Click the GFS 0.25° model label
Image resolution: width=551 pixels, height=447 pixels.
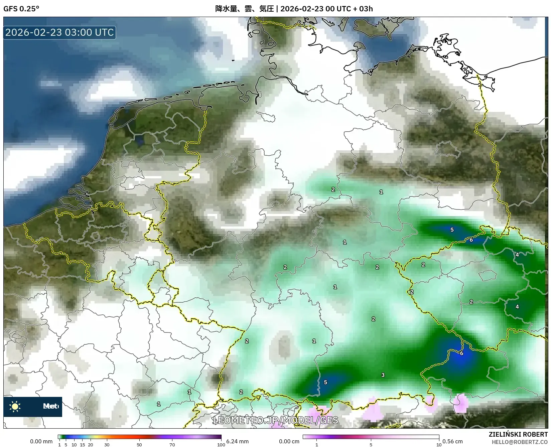21,9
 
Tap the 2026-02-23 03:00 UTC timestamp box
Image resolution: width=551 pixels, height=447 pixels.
59,32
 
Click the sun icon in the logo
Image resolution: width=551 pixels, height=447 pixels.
15,407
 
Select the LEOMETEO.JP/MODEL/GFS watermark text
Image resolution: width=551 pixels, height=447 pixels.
275,420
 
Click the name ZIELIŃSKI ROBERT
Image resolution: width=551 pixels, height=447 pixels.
518,435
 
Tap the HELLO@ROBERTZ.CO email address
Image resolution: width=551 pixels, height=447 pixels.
520,442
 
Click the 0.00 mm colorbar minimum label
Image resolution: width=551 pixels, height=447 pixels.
41,441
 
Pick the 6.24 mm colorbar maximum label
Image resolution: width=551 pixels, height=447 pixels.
237,441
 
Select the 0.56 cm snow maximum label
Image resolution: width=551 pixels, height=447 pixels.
452,441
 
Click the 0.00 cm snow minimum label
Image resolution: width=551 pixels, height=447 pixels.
289,441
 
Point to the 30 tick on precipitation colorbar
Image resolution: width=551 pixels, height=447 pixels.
107,445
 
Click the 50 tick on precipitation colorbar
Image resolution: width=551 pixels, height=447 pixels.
139,445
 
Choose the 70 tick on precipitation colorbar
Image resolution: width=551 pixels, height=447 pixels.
172,445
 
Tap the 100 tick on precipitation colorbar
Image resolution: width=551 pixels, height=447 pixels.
221,445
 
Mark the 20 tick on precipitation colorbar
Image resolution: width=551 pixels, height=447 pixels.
90,445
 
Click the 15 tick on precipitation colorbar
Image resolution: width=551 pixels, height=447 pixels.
82,445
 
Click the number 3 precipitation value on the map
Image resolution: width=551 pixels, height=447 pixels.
383,375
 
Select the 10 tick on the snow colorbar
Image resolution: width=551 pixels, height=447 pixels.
439,445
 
